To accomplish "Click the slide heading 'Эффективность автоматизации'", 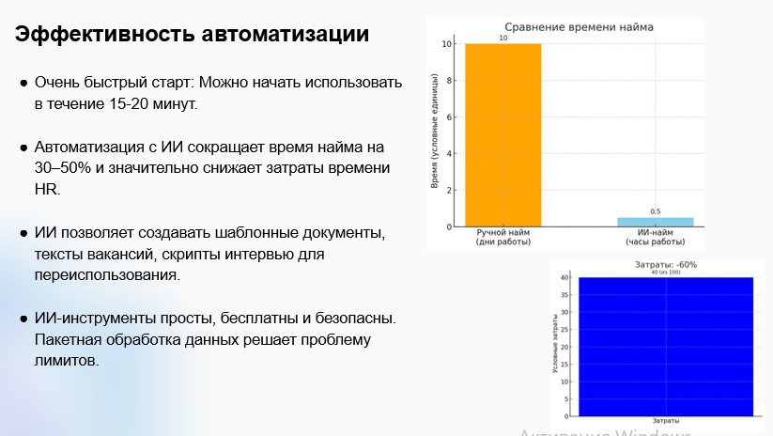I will click(192, 35).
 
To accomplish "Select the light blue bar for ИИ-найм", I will click(655, 222).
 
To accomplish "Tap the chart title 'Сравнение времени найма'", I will click(579, 27).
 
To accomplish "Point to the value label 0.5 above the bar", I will click(655, 211).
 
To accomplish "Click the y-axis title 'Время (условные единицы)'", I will click(435, 134).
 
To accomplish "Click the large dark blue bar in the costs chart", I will click(665, 346).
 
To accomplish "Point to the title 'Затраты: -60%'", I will click(665, 265).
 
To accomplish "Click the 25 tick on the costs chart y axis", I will click(565, 330).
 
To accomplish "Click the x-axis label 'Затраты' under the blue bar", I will click(665, 421).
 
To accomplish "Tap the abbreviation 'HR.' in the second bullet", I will click(47, 190).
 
